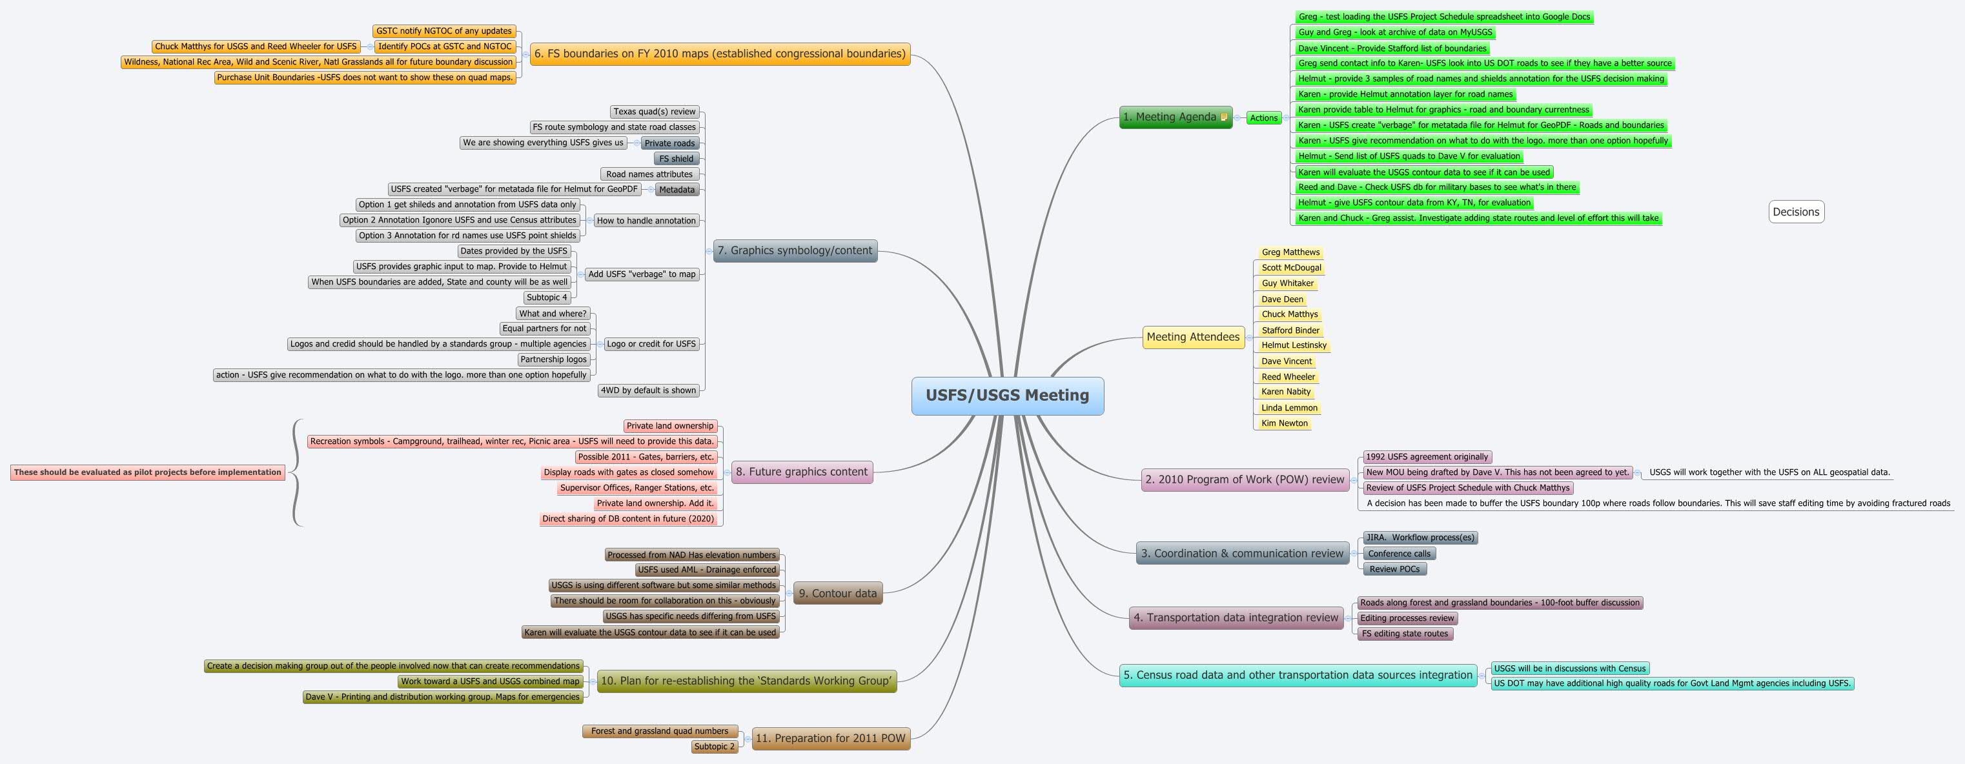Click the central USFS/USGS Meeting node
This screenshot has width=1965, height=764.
pos(1007,396)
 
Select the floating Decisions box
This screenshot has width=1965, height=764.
pos(1796,212)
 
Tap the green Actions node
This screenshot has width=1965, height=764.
pos(1263,118)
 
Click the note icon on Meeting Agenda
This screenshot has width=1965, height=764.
pos(1223,117)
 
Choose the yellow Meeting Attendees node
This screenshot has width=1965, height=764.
pos(1192,337)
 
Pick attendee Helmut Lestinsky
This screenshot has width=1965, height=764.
pos(1294,345)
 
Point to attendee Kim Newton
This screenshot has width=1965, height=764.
pos(1284,423)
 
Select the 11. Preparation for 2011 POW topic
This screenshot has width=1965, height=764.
pos(830,738)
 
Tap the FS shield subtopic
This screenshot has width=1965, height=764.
pos(676,159)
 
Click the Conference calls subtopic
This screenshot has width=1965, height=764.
pos(1399,554)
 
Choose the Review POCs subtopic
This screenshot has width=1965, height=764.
pos(1394,569)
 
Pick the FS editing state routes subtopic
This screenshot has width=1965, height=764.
pos(1404,634)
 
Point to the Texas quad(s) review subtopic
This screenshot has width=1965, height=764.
pos(655,112)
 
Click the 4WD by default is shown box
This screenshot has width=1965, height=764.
pos(647,390)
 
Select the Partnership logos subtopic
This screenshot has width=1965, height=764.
pos(553,359)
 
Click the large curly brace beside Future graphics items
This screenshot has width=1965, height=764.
pos(296,473)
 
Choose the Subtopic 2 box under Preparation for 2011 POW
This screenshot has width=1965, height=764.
pos(714,747)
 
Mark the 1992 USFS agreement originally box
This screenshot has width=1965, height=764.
pos(1427,457)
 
